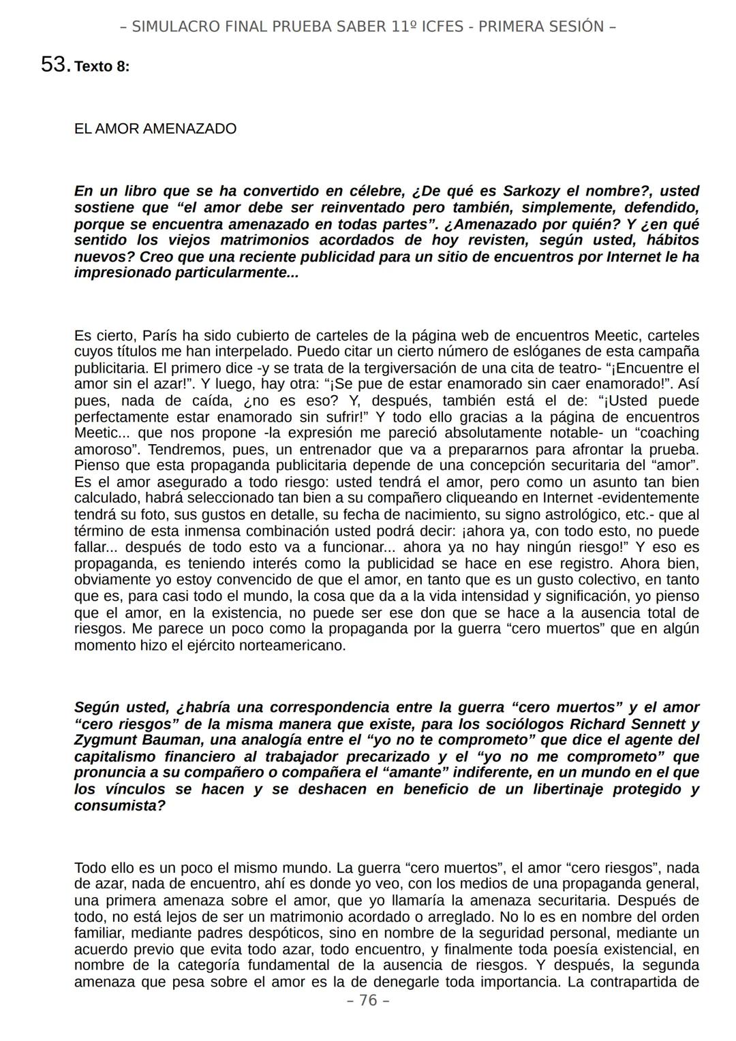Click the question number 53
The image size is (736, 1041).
(55, 65)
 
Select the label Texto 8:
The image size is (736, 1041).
(102, 67)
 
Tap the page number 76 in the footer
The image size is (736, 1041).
(368, 1000)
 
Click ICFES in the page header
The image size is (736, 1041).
(446, 27)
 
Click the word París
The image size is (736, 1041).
(161, 336)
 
